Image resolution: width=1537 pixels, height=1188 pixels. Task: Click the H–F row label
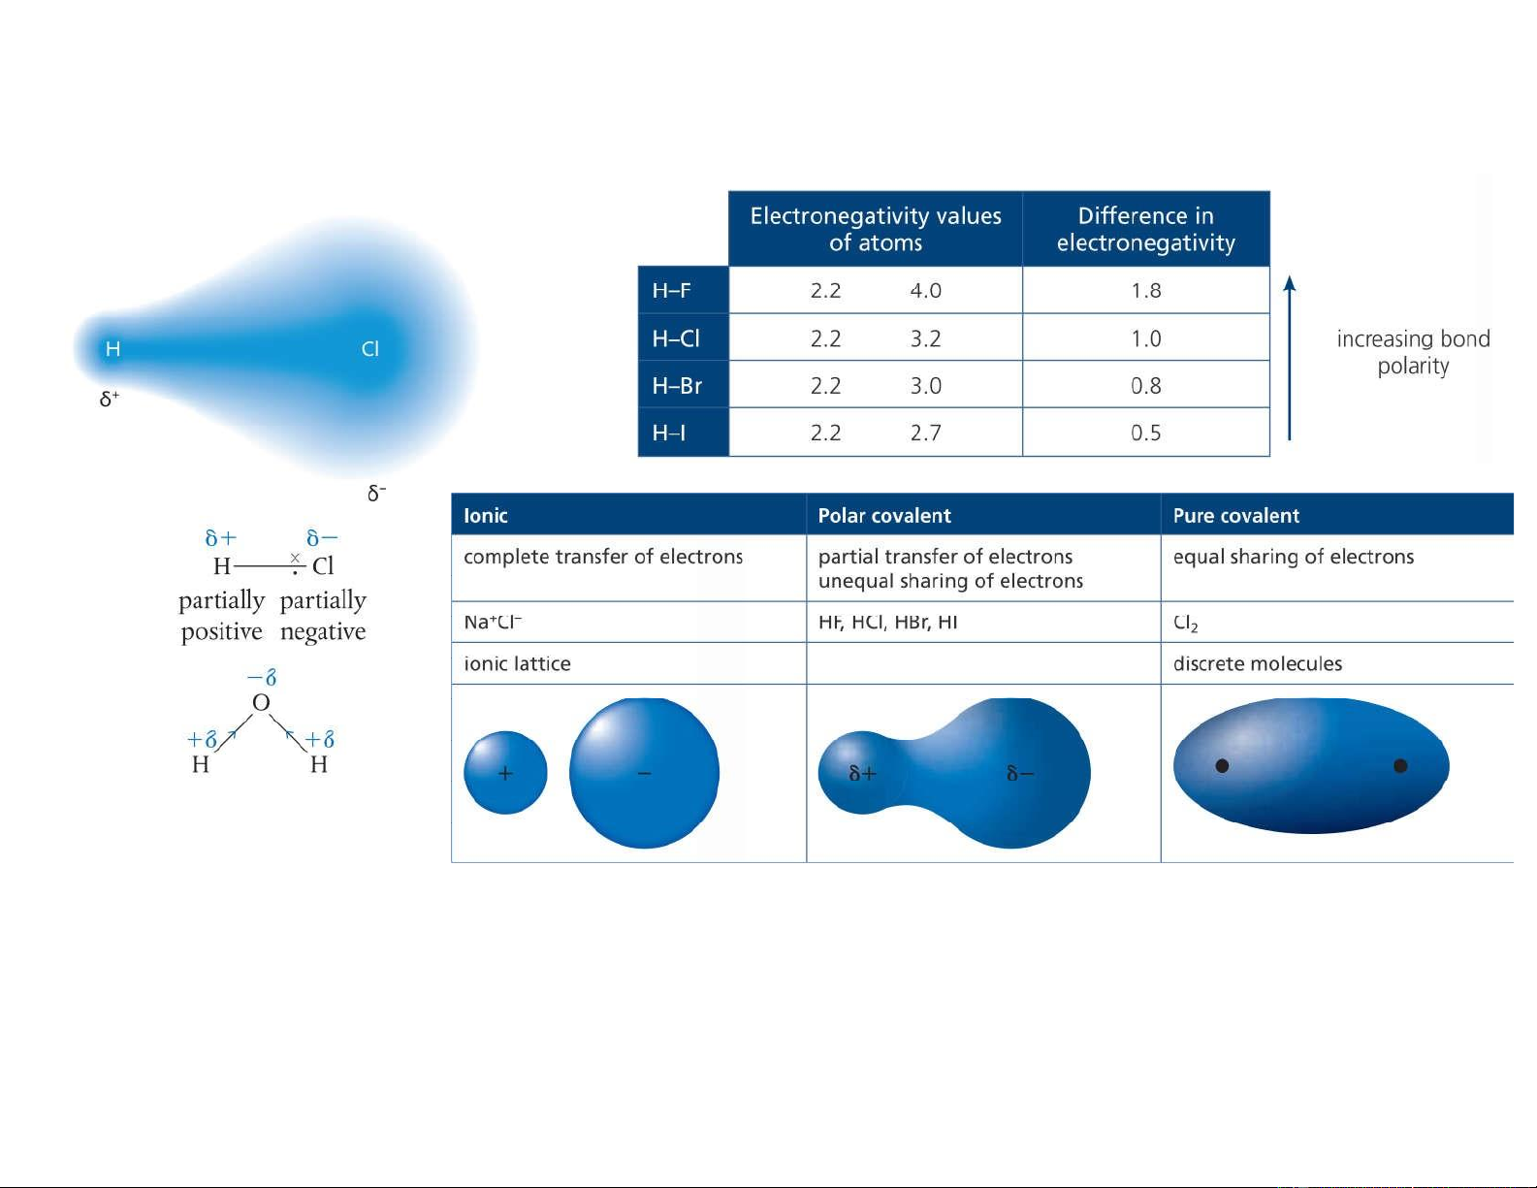coord(670,291)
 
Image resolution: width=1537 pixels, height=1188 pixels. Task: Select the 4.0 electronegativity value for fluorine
coord(925,291)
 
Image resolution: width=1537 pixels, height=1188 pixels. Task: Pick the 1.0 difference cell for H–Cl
coord(1146,338)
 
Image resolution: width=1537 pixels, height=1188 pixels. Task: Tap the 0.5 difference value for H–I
coord(1146,433)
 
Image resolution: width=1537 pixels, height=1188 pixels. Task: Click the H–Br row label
coord(677,386)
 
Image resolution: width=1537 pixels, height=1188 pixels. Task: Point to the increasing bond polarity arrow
coord(1290,358)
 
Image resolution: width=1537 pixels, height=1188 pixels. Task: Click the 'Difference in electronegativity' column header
coord(1146,229)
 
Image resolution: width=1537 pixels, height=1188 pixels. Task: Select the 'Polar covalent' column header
coord(884,516)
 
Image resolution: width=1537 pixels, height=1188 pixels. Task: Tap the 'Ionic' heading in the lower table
coord(485,516)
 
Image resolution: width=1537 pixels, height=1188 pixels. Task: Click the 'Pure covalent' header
coord(1235,516)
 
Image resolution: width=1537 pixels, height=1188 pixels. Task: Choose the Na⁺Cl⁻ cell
coord(493,623)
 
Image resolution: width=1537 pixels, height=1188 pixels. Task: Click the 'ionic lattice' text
coord(517,664)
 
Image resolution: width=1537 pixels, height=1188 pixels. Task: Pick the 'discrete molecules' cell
coord(1257,664)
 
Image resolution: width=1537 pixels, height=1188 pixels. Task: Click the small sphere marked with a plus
coord(505,772)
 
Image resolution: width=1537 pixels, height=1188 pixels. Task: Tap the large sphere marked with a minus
coord(644,772)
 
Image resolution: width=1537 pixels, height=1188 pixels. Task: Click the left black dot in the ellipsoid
coord(1222,766)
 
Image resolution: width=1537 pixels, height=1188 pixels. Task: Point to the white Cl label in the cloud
coord(369,348)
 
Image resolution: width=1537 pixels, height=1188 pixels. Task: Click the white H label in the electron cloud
coord(112,348)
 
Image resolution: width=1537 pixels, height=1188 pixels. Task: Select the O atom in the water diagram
coord(261,702)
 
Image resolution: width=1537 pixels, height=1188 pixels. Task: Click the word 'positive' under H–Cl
coord(221,631)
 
